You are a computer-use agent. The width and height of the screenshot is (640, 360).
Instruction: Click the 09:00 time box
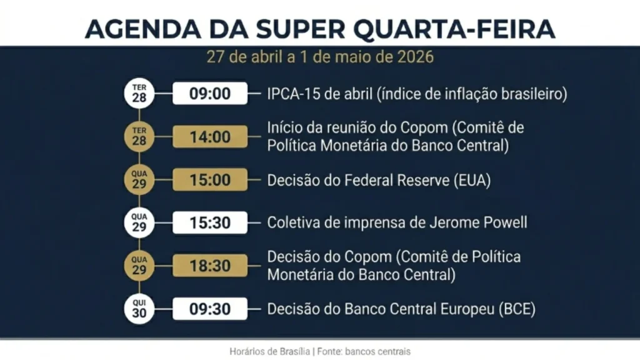coord(210,94)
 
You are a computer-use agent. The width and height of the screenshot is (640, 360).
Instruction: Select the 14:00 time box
coord(210,137)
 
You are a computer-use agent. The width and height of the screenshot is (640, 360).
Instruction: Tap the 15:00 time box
coord(210,180)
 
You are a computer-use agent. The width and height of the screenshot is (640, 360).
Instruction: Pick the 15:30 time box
coord(210,222)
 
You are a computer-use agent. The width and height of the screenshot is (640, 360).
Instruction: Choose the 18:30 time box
coord(210,266)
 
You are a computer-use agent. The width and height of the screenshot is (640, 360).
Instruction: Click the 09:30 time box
coord(210,309)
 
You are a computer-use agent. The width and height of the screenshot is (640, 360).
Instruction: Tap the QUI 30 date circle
coord(139,309)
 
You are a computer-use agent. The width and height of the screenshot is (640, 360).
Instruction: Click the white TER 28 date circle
coord(139,94)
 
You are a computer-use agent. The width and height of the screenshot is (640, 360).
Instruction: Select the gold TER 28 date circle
coord(139,137)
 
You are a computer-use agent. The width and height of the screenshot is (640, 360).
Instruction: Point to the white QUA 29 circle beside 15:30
coord(139,222)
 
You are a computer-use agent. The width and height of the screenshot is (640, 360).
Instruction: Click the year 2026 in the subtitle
coord(415,57)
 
